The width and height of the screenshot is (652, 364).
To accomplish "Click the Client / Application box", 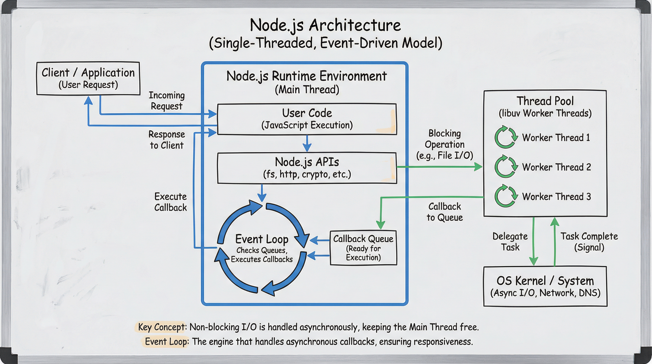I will pyautogui.click(x=88, y=78).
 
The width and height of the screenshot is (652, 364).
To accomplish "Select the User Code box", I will pyautogui.click(x=307, y=119).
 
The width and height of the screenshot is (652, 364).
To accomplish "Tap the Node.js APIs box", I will pyautogui.click(x=307, y=168).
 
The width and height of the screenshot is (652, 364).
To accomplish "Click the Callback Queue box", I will pyautogui.click(x=363, y=248).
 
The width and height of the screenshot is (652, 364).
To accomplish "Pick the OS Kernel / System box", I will pyautogui.click(x=545, y=286).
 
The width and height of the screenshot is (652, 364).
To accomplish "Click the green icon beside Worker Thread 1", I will pyautogui.click(x=505, y=137).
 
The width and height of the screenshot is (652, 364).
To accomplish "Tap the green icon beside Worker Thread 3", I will pyautogui.click(x=505, y=196).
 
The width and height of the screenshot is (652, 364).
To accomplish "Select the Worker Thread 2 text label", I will pyautogui.click(x=556, y=167).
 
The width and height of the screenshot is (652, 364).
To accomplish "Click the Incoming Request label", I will pyautogui.click(x=167, y=100).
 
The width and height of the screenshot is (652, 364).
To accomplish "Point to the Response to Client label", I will pyautogui.click(x=167, y=140).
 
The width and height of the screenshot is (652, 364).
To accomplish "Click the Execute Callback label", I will pyautogui.click(x=170, y=202).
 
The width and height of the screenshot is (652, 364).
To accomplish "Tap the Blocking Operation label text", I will pyautogui.click(x=444, y=144).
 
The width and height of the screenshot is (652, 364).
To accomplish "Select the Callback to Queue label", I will pyautogui.click(x=444, y=212).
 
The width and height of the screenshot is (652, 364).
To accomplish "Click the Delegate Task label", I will pyautogui.click(x=510, y=241).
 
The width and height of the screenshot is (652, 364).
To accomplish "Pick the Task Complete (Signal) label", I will pyautogui.click(x=589, y=241).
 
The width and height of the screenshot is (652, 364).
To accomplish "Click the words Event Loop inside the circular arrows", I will pyautogui.click(x=262, y=239).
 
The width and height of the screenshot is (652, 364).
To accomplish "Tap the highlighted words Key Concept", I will pyautogui.click(x=161, y=327).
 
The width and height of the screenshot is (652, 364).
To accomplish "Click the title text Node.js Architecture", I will pyautogui.click(x=325, y=25).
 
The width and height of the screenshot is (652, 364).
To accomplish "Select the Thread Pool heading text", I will pyautogui.click(x=545, y=101).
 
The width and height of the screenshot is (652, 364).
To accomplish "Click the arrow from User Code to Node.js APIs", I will pyautogui.click(x=307, y=143).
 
